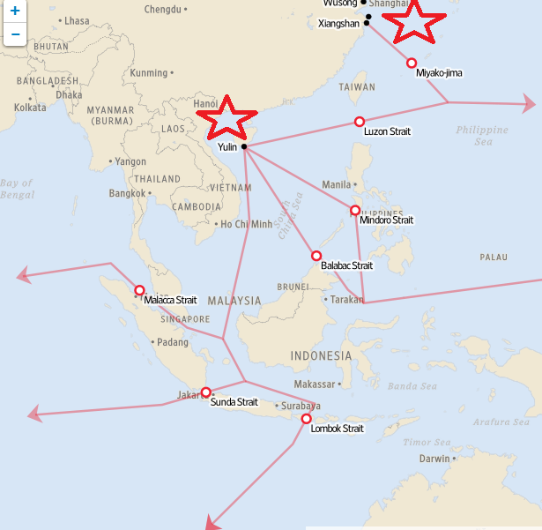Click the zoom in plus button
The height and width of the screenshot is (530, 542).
[15, 12]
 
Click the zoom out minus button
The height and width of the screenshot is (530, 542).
[15, 34]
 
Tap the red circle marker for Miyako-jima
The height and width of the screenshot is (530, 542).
[412, 63]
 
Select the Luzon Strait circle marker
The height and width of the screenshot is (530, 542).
[360, 122]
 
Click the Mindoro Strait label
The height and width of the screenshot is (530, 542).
[386, 220]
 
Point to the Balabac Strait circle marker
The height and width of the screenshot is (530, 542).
[316, 256]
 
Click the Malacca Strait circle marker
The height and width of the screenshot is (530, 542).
[139, 290]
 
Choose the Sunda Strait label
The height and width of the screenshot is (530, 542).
[234, 402]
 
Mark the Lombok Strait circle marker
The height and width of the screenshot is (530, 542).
[307, 419]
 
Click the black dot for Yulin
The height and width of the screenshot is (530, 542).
[244, 146]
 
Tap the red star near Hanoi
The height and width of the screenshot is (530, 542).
[226, 117]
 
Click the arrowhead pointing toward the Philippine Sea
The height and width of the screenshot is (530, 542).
[528, 102]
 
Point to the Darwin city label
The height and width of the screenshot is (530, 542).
[434, 459]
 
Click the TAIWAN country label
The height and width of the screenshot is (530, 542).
[357, 87]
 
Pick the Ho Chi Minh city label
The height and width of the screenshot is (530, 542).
[246, 224]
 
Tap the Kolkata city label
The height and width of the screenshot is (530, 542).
[30, 108]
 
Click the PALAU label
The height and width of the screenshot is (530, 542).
[494, 257]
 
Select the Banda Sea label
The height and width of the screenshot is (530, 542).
[412, 385]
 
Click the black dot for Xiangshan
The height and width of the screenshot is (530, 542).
[367, 23]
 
